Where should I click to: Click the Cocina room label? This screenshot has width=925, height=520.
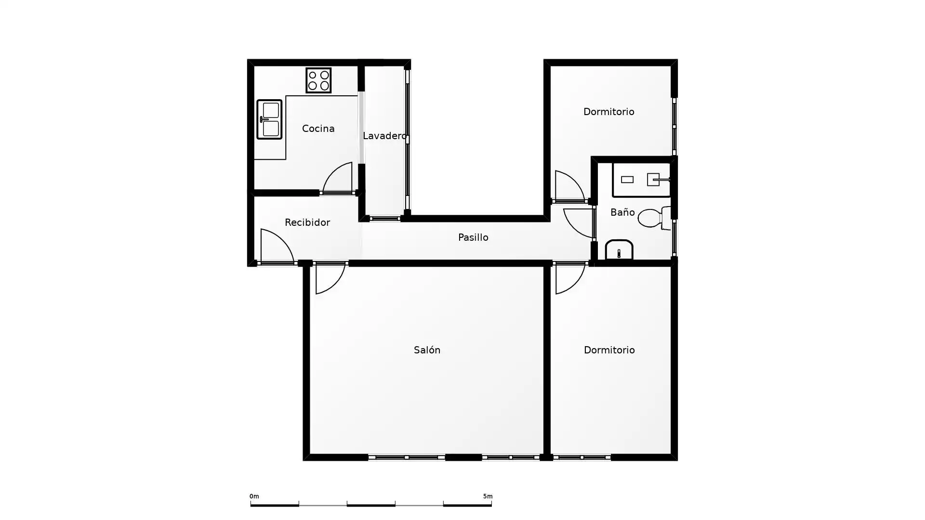318,129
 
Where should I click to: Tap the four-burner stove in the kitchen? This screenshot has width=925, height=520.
318,80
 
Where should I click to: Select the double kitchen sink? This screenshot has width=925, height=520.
269,119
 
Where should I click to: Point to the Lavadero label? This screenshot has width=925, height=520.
384,136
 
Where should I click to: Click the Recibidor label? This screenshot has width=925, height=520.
307,222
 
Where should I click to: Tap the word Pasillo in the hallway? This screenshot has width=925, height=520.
473,237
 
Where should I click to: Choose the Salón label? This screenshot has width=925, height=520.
427,350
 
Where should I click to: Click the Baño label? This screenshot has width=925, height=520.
622,212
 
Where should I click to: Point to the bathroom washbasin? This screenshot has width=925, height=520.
619,249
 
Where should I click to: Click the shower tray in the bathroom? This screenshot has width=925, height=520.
641,180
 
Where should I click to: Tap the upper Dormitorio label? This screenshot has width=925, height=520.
608,112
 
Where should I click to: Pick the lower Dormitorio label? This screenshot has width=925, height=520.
609,350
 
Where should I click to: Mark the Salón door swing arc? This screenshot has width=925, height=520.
335,285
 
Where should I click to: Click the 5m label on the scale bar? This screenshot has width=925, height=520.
488,496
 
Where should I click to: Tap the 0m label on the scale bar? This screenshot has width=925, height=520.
254,496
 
